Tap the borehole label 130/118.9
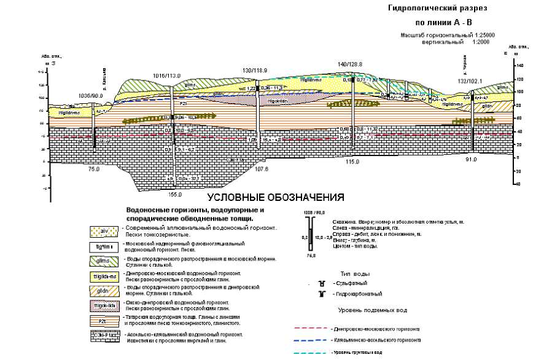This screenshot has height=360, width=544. tap(255, 71)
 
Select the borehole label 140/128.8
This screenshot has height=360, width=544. tap(351, 64)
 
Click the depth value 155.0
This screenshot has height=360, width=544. tap(175, 194)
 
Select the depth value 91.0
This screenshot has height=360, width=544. tap(471, 160)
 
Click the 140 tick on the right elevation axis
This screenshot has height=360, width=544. tap(519, 65)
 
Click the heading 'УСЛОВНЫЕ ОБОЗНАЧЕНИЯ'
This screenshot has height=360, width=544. tap(276, 198)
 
